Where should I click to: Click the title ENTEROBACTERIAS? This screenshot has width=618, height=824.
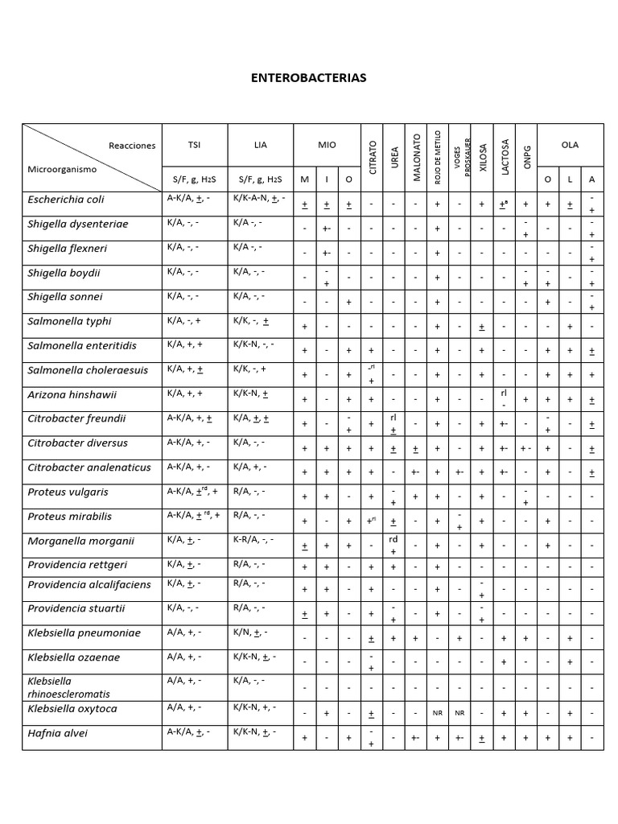[x=308, y=78]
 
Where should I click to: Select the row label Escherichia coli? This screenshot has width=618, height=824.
[x=66, y=200]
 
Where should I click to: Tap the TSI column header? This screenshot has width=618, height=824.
[x=194, y=145]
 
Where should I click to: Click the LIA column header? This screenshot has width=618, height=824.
[x=260, y=145]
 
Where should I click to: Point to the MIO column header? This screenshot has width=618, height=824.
[x=327, y=145]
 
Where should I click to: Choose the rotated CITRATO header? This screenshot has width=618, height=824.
[x=372, y=158]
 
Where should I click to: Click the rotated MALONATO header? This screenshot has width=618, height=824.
[x=416, y=158]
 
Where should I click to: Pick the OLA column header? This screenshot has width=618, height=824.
[x=569, y=145]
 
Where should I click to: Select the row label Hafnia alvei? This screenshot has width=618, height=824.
[x=58, y=734]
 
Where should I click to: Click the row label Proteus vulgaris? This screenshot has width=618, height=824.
[x=68, y=492]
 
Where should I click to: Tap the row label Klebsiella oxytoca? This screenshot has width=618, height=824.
[x=72, y=709]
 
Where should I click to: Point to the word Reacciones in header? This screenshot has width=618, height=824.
[x=131, y=146]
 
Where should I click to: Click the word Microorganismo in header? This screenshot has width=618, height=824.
[x=62, y=170]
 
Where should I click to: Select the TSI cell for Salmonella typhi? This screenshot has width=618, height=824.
[x=185, y=321]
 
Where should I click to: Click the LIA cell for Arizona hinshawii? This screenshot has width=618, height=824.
[x=250, y=393]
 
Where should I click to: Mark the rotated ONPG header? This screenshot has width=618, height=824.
[x=527, y=158]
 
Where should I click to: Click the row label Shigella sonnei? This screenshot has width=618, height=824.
[x=65, y=297]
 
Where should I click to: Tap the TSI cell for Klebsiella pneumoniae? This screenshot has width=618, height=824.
[x=184, y=633]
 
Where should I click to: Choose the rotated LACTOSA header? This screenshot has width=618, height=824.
[x=505, y=158]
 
